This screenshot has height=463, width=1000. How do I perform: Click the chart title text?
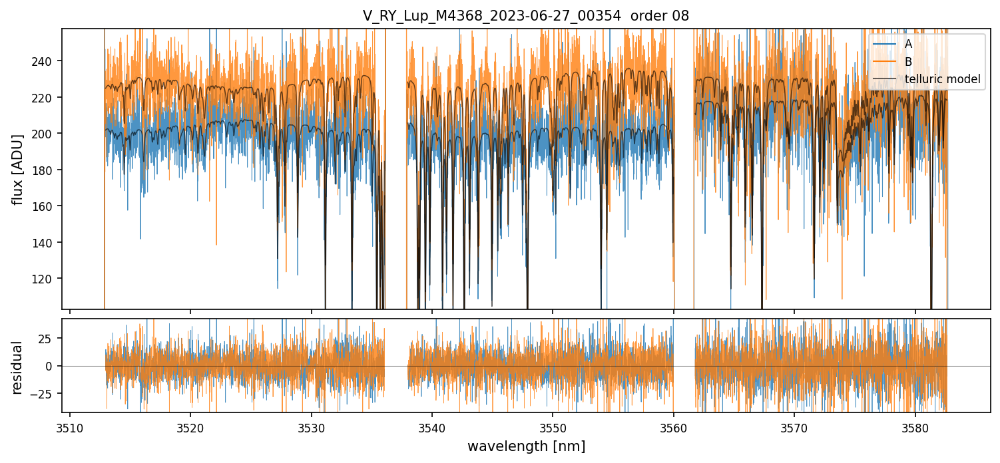pos(526,16)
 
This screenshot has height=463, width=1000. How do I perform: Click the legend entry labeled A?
pos(908,44)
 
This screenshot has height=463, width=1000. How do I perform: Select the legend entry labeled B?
pos(908,62)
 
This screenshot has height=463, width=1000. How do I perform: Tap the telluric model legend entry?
pos(942,80)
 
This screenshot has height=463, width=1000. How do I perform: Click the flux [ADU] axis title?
pos(17,169)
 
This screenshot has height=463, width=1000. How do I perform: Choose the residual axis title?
pos(17,367)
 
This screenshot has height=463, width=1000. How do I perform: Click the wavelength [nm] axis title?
pos(526,446)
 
